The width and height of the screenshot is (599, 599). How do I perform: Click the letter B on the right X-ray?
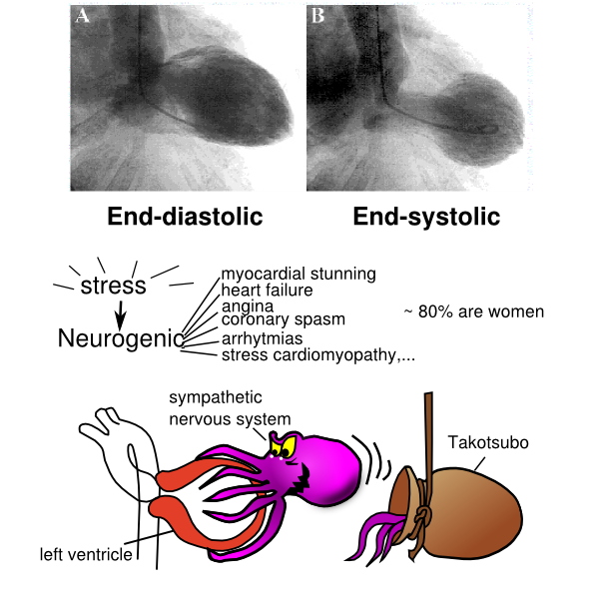click(318, 17)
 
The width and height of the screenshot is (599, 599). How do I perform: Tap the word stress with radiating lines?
click(114, 287)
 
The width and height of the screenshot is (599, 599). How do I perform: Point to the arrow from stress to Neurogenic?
click(120, 313)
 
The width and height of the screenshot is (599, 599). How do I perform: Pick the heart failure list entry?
click(268, 291)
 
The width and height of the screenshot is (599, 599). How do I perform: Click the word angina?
click(245, 306)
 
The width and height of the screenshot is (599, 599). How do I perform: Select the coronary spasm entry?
click(284, 320)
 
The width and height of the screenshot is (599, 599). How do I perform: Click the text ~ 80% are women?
click(473, 311)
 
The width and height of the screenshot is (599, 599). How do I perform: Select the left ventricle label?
click(85, 552)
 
